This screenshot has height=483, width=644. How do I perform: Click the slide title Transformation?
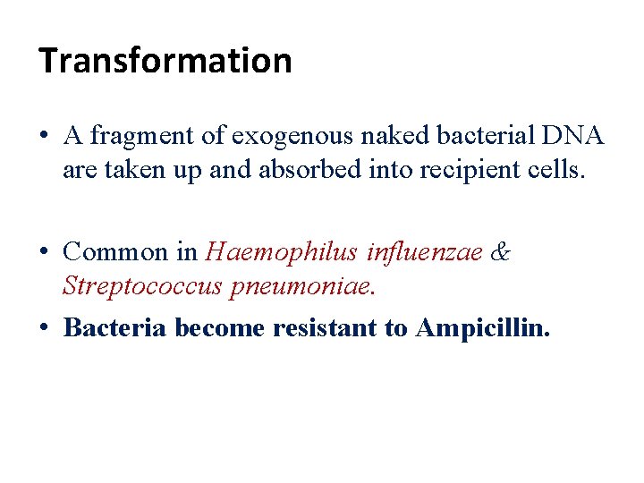165,61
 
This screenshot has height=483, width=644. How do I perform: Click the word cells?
555,170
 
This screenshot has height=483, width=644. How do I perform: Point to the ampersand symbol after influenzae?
500,252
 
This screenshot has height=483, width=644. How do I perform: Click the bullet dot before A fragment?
44,137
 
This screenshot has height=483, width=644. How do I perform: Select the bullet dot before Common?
44,253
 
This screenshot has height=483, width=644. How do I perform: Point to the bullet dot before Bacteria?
44,329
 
